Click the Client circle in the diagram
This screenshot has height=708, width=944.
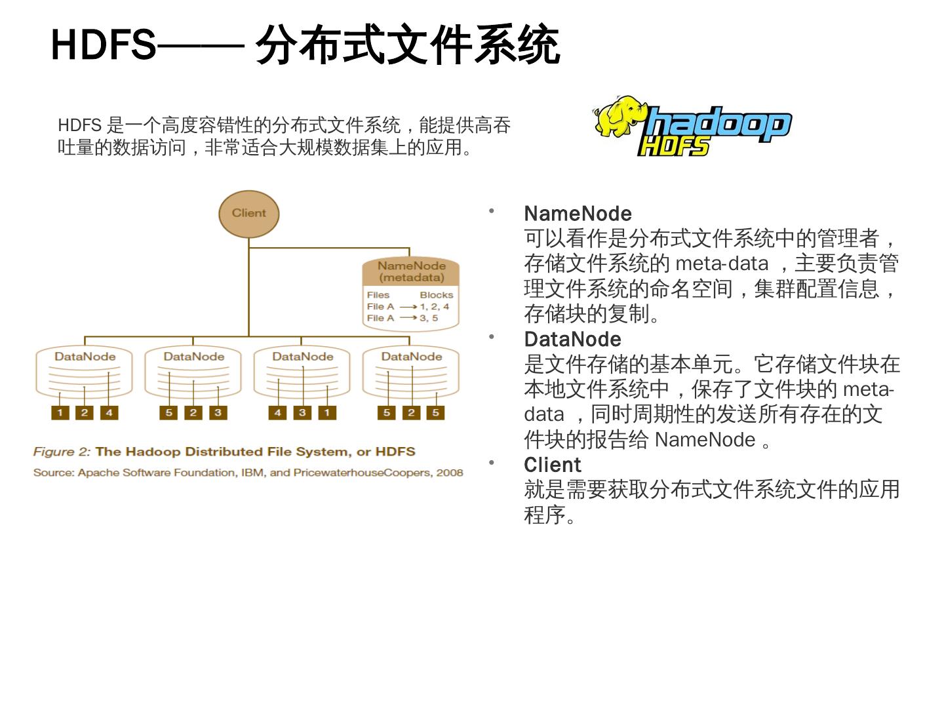point(249,213)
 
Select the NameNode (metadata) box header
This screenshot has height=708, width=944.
point(411,271)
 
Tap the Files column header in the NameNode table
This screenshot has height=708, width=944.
point(378,295)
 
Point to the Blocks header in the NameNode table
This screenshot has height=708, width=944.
point(436,295)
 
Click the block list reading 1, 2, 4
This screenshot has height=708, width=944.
point(435,306)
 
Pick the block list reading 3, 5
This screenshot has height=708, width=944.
point(429,318)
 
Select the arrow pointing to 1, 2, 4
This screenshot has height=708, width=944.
point(408,307)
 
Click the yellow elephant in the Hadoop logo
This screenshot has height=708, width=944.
point(619,116)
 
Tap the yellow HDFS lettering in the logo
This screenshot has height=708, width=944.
point(673,146)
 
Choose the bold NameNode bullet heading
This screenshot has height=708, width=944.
point(578,214)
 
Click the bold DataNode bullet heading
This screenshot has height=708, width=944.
point(572,340)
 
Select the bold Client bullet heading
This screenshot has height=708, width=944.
point(552,465)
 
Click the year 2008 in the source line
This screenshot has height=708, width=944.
point(450,473)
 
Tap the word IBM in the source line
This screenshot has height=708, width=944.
point(252,473)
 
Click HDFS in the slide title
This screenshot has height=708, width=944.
point(104,45)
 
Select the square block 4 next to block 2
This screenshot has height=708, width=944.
point(109,412)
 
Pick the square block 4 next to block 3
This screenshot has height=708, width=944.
point(278,412)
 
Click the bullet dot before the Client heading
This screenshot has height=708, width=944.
point(490,463)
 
